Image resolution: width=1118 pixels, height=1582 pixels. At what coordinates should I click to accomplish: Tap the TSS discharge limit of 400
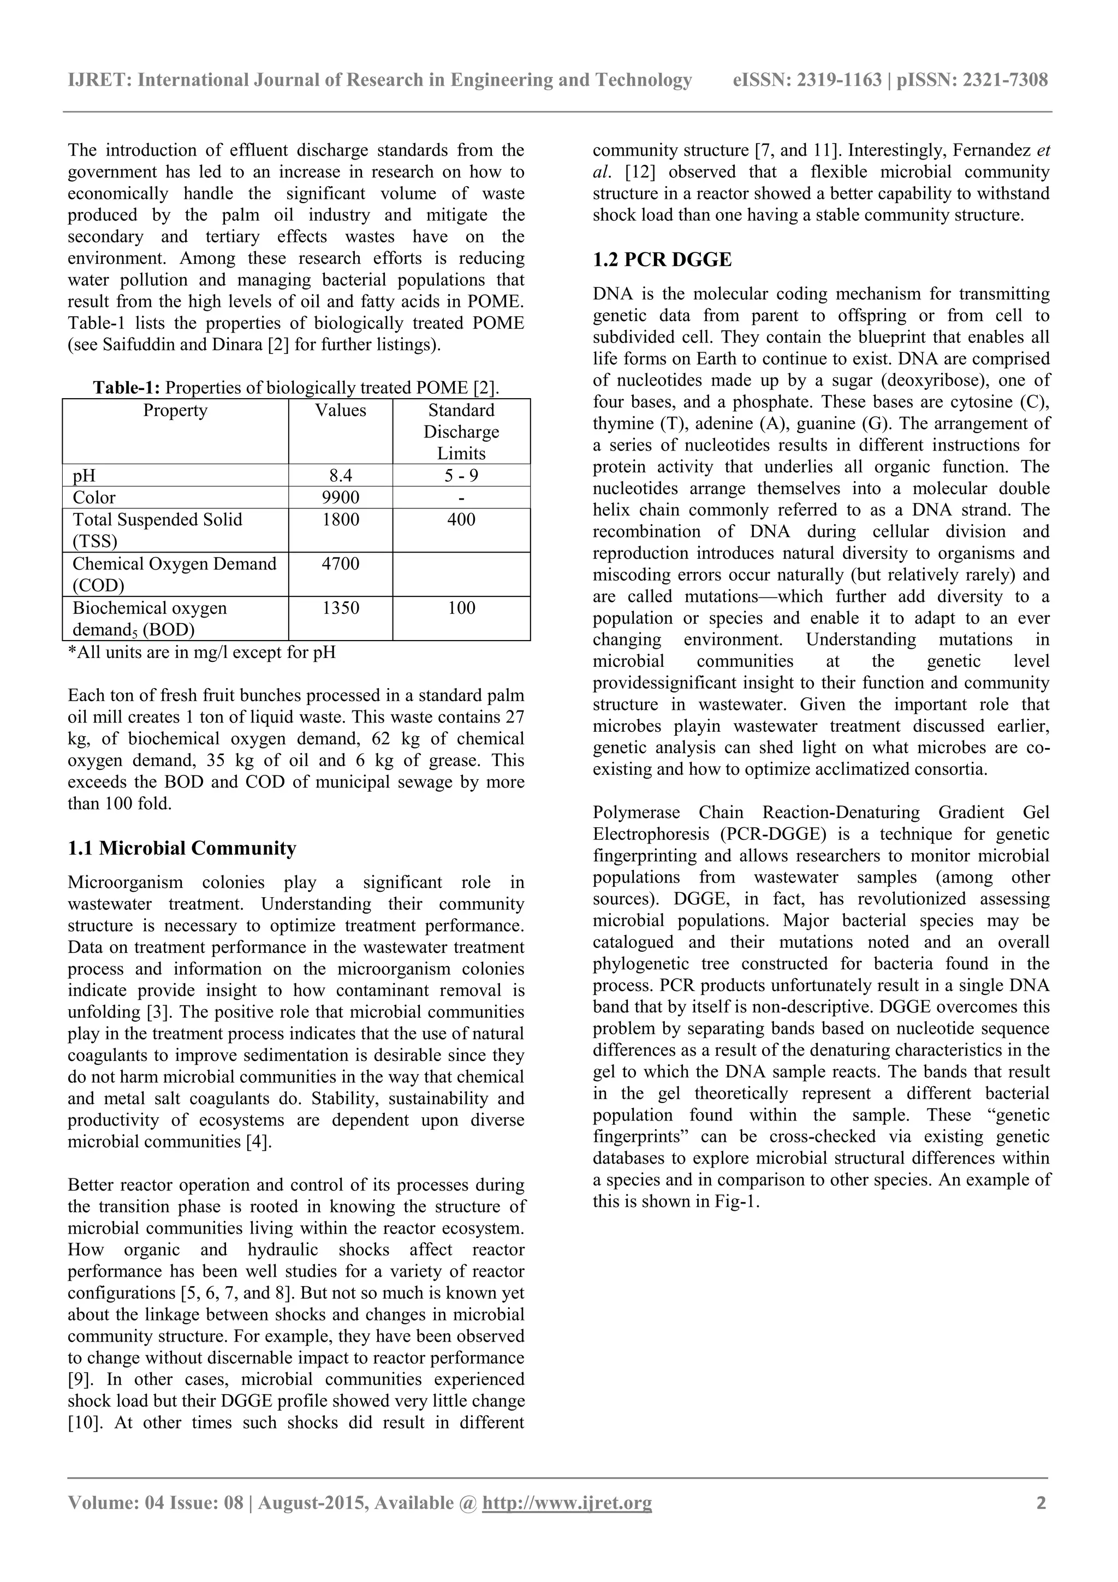461,519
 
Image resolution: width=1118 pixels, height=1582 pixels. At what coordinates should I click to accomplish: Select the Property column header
175,411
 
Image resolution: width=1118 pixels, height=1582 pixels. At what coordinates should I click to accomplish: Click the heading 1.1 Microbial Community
182,848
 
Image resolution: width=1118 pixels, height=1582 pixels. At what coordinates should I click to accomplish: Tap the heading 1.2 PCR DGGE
662,260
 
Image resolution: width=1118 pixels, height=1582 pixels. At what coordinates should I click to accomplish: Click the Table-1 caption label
127,388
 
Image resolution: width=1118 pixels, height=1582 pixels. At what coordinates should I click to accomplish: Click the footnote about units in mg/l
202,652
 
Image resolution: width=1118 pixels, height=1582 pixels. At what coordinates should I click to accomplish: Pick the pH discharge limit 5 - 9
461,476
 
